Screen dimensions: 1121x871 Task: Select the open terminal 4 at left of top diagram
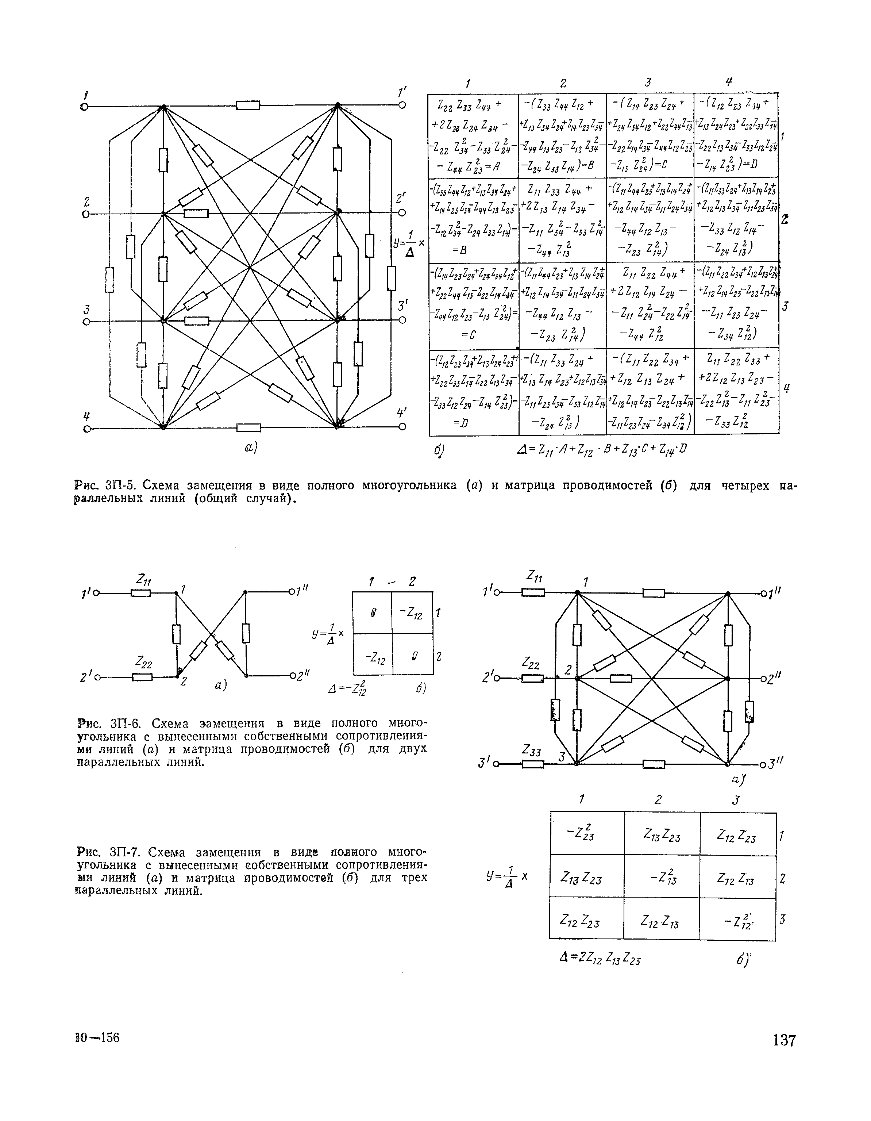click(x=86, y=428)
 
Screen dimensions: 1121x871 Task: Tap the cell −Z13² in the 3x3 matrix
click(x=662, y=878)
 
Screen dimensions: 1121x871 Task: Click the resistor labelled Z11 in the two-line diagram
click(x=140, y=593)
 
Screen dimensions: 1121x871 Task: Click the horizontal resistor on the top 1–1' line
click(x=248, y=106)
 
